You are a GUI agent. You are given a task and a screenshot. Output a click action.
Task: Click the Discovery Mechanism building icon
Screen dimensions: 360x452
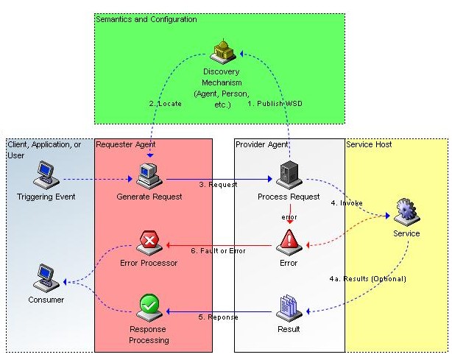click(x=223, y=50)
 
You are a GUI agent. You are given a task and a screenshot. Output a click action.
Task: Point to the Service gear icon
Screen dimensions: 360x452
click(x=406, y=212)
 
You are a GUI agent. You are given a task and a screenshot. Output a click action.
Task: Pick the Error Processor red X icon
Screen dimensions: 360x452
click(x=149, y=241)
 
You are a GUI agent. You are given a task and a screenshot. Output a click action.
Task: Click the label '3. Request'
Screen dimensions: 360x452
click(x=218, y=185)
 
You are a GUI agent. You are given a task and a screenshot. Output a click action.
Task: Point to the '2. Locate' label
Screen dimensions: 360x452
click(x=165, y=104)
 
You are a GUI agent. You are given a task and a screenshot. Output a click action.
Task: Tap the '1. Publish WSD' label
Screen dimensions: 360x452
click(x=275, y=104)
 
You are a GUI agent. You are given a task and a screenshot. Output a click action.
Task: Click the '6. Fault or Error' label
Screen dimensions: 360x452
click(x=218, y=251)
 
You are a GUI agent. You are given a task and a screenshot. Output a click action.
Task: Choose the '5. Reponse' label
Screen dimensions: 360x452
click(x=219, y=317)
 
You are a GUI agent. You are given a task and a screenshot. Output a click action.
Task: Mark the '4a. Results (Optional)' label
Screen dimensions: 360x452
click(x=368, y=279)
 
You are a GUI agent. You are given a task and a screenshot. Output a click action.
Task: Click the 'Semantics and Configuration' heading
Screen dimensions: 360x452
click(x=146, y=19)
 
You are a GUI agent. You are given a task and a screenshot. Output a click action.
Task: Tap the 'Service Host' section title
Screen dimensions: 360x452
click(x=369, y=144)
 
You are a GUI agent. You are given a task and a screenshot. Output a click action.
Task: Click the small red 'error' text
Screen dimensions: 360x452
click(x=289, y=217)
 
